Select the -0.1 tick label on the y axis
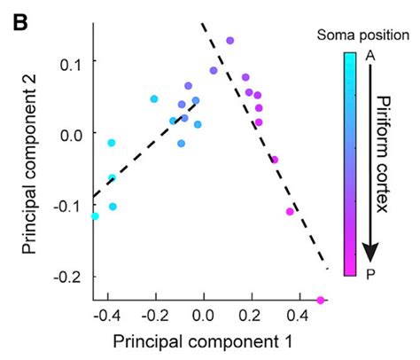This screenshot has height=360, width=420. [x=65, y=205]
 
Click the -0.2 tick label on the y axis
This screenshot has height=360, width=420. [x=65, y=277]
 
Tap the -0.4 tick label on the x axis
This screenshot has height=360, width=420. [x=107, y=316]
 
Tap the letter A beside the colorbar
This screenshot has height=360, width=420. [x=369, y=56]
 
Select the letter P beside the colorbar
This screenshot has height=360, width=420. [x=369, y=272]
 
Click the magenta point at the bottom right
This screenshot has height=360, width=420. [x=320, y=301]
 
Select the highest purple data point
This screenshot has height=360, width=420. [x=229, y=41]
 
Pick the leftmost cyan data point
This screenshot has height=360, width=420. [x=95, y=216]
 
